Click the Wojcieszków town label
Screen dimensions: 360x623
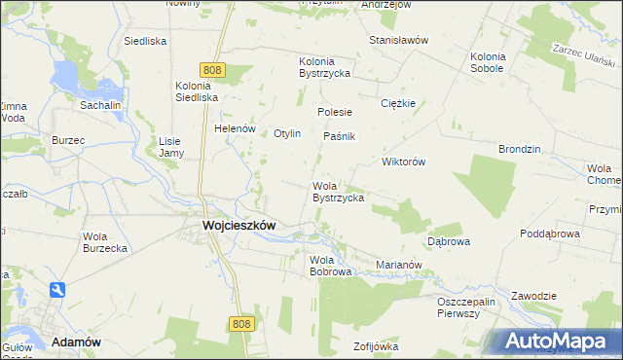coord(238,225)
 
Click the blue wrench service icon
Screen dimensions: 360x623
coord(57,290)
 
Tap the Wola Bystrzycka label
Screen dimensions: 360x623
coord(338,192)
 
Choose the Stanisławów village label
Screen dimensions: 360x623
coord(399,40)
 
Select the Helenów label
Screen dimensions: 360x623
coord(234,128)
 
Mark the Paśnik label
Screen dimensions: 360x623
coord(340,136)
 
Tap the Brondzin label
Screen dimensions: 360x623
coord(519,149)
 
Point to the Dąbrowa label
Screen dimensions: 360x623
coord(449,240)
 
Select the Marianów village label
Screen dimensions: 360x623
coord(398,264)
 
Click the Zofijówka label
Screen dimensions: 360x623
coord(376,346)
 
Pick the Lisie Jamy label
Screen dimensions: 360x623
coord(171,147)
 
